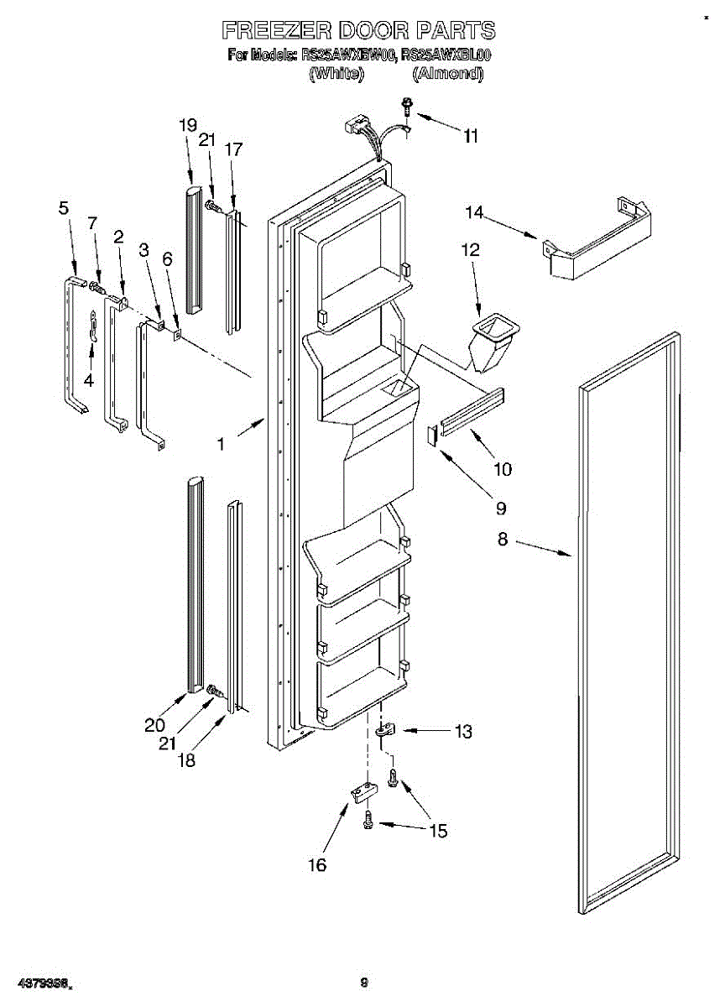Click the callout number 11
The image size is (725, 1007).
471,136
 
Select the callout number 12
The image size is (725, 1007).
471,249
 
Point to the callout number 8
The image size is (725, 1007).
502,540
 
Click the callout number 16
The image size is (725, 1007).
316,864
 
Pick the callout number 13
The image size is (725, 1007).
462,732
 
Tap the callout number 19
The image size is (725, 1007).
187,125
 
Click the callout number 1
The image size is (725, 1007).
221,446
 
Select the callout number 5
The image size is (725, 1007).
64,209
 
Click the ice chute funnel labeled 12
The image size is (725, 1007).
493,339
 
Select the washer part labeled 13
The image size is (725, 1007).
385,731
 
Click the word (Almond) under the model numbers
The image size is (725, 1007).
448,74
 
